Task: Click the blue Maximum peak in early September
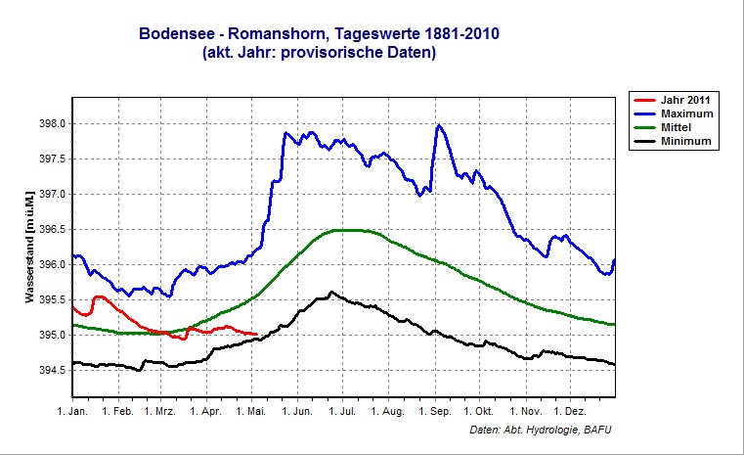[439, 125]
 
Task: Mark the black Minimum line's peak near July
[331, 292]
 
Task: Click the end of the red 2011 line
[256, 335]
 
